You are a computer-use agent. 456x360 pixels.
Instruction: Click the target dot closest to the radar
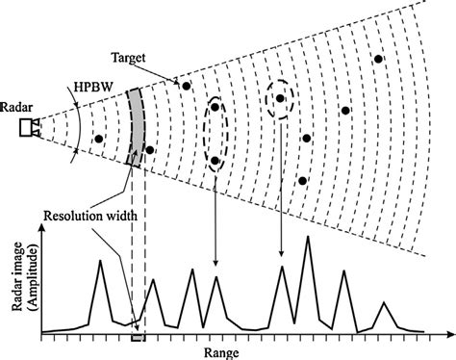coord(99,140)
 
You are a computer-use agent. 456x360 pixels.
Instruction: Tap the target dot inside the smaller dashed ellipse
coord(280,97)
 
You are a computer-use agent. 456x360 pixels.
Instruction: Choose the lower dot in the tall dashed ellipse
coord(215,161)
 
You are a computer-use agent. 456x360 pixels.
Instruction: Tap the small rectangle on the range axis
coord(138,338)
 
